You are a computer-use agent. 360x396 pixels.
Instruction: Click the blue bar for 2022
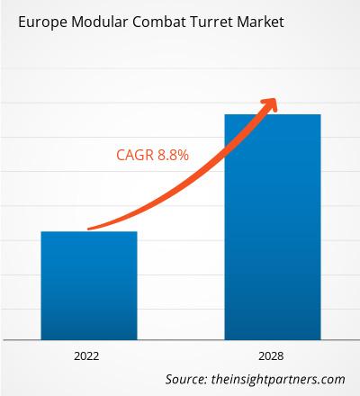coord(88,283)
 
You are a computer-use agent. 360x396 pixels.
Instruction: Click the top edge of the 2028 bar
coord(272,114)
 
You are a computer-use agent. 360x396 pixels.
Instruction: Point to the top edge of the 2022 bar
coord(88,232)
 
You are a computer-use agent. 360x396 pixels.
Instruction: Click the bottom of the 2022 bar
coord(88,336)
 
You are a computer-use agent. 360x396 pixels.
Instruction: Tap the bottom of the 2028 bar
coord(272,336)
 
